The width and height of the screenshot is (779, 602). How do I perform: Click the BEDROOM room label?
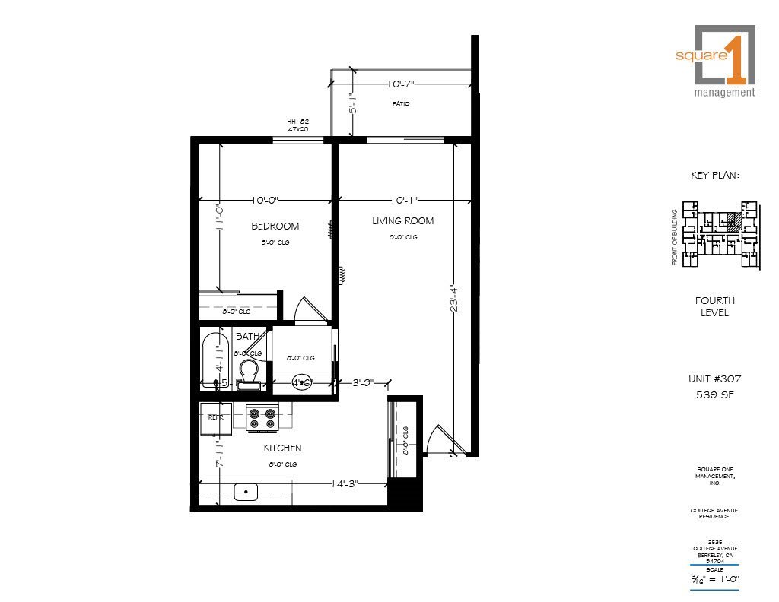point(275,226)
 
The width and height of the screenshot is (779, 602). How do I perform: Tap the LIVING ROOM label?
point(402,221)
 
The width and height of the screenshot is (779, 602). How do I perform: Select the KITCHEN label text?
point(282,448)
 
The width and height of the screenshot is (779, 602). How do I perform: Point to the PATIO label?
point(401,103)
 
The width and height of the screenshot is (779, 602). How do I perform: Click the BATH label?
point(246,336)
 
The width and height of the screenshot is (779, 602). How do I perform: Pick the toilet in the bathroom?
point(249,370)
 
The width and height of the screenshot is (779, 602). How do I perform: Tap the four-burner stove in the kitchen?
point(263,417)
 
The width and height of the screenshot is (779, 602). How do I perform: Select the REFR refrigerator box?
point(211,418)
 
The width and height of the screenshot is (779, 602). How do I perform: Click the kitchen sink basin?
point(246,493)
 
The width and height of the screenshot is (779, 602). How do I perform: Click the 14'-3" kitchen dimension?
point(345,483)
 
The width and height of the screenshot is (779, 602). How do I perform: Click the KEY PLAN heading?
point(714,176)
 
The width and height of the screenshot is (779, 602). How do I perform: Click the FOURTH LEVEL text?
point(714,306)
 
